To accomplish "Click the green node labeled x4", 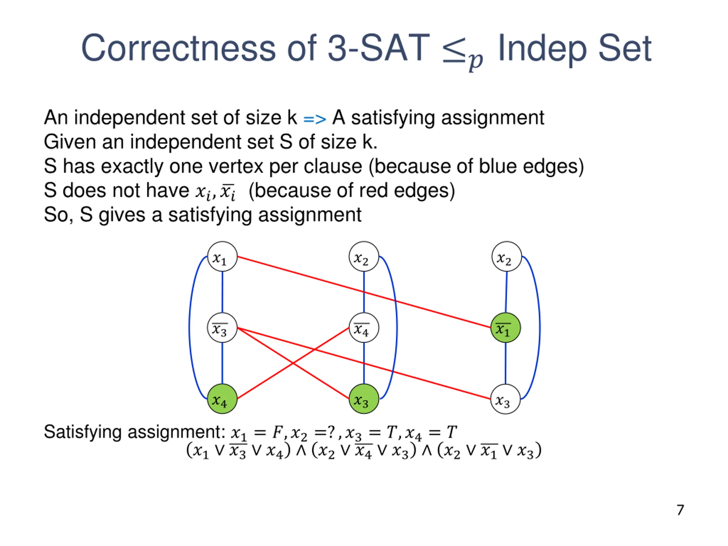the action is [x=222, y=399].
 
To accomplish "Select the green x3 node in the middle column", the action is [x=364, y=399].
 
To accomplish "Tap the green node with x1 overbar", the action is [x=506, y=328].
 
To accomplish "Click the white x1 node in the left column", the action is [x=222, y=257].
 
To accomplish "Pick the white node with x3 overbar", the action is [x=222, y=328].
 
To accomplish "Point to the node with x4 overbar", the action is [x=364, y=328].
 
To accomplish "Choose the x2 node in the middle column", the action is [x=364, y=257].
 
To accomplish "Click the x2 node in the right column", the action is [x=506, y=257].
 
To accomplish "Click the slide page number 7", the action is [x=680, y=510].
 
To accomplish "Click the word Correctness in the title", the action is [x=178, y=49].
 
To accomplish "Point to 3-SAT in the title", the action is [x=379, y=49].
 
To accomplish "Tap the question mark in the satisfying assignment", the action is [x=330, y=432].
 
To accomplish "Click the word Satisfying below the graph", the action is [x=82, y=432].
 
